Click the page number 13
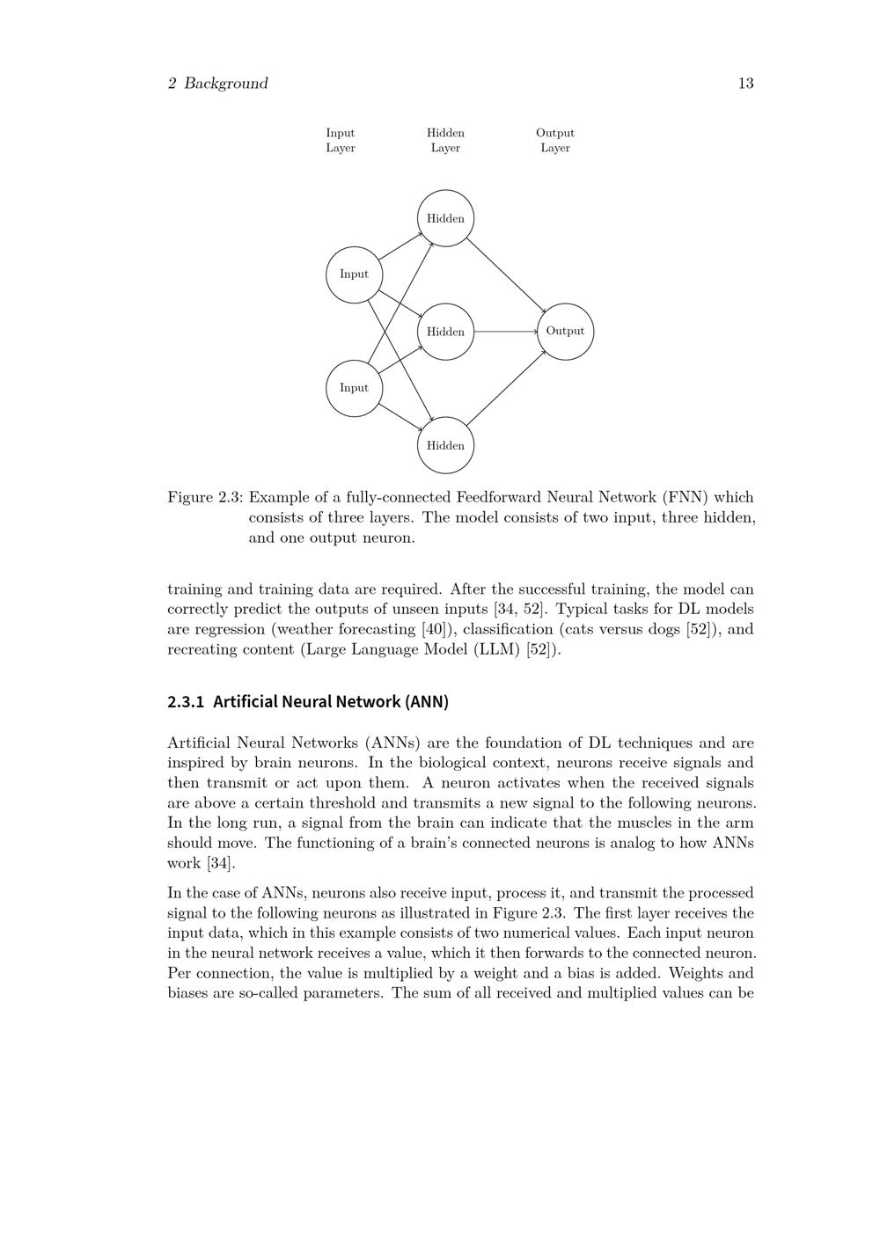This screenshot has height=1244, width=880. pyautogui.click(x=745, y=84)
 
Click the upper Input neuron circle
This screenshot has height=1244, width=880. pyautogui.click(x=354, y=274)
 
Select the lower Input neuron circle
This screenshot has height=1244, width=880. pyautogui.click(x=354, y=388)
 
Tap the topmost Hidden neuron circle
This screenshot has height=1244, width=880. pyautogui.click(x=445, y=218)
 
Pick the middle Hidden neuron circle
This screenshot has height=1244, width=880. pyautogui.click(x=445, y=332)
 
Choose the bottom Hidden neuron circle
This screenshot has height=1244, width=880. pyautogui.click(x=445, y=445)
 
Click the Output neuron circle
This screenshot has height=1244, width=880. pyautogui.click(x=565, y=332)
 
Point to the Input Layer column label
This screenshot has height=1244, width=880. pyautogui.click(x=341, y=141)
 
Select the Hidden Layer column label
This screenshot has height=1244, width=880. pyautogui.click(x=445, y=141)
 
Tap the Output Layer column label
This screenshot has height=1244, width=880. pyautogui.click(x=555, y=141)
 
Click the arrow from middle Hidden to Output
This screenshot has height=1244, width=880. pyautogui.click(x=506, y=332)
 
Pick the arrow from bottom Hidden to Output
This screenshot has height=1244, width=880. pyautogui.click(x=508, y=388)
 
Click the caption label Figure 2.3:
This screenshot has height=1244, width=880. pyautogui.click(x=205, y=497)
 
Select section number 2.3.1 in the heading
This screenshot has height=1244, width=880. pyautogui.click(x=186, y=702)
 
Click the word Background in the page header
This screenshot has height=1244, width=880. pyautogui.click(x=226, y=84)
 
